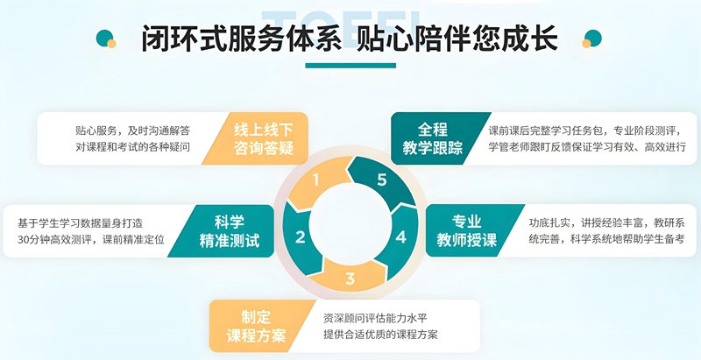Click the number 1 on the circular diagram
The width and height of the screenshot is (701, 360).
[316, 180]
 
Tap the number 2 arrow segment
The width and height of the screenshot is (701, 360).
[300, 237]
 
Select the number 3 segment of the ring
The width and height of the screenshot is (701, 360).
[350, 279]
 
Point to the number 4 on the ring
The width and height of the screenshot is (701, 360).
[401, 237]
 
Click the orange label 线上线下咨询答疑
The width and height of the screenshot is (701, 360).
[264, 138]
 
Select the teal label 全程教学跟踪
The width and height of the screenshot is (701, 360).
[432, 138]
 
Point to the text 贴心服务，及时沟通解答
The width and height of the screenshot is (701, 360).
[133, 131]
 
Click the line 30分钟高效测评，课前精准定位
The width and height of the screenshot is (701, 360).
[91, 239]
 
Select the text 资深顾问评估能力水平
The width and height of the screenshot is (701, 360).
[376, 319]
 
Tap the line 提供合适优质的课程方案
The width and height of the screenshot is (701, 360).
[380, 334]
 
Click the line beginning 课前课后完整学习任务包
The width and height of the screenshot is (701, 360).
[584, 131]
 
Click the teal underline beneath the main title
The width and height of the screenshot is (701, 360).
[350, 66]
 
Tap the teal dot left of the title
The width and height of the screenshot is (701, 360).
[104, 38]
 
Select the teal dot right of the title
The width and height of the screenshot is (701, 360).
[593, 38]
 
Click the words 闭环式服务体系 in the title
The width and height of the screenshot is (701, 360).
[241, 39]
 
